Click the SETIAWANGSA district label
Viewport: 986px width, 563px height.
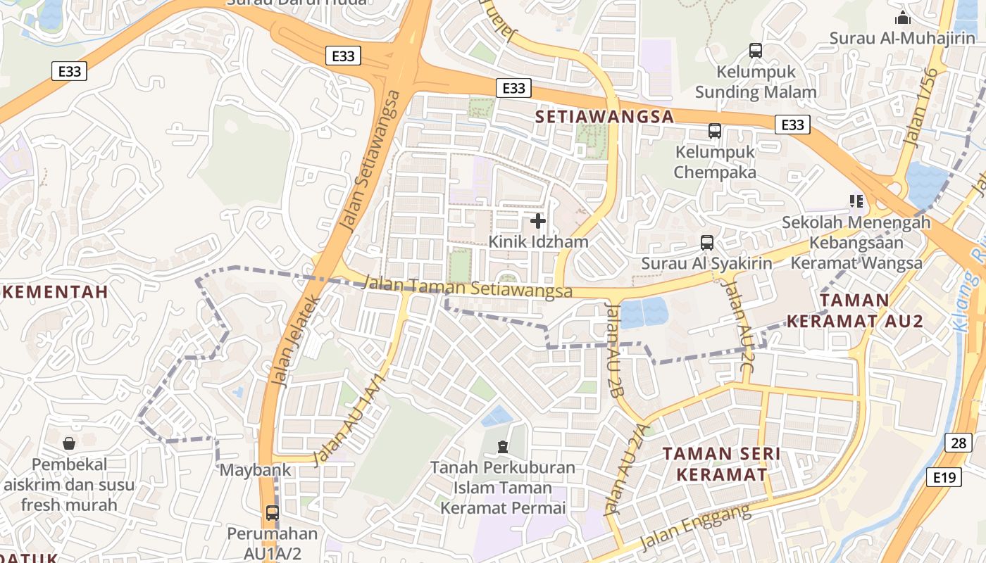pyautogui.click(x=604, y=116)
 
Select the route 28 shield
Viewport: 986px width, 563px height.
pyautogui.click(x=958, y=443)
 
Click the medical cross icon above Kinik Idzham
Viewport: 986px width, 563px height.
pyautogui.click(x=538, y=222)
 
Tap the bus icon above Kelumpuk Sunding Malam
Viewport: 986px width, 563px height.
pyautogui.click(x=756, y=51)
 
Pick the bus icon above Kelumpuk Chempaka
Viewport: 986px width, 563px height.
pyautogui.click(x=714, y=131)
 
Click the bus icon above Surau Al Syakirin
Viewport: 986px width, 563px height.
pyautogui.click(x=706, y=243)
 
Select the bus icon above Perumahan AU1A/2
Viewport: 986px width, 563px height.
pyautogui.click(x=273, y=513)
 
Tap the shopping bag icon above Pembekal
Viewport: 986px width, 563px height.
pyautogui.click(x=69, y=443)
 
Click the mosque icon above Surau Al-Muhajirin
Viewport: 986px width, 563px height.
pyautogui.click(x=902, y=18)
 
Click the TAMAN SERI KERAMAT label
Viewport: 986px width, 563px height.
pyautogui.click(x=721, y=464)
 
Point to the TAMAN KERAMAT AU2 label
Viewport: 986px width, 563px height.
pyautogui.click(x=854, y=310)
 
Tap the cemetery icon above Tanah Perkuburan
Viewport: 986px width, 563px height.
pyautogui.click(x=502, y=446)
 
